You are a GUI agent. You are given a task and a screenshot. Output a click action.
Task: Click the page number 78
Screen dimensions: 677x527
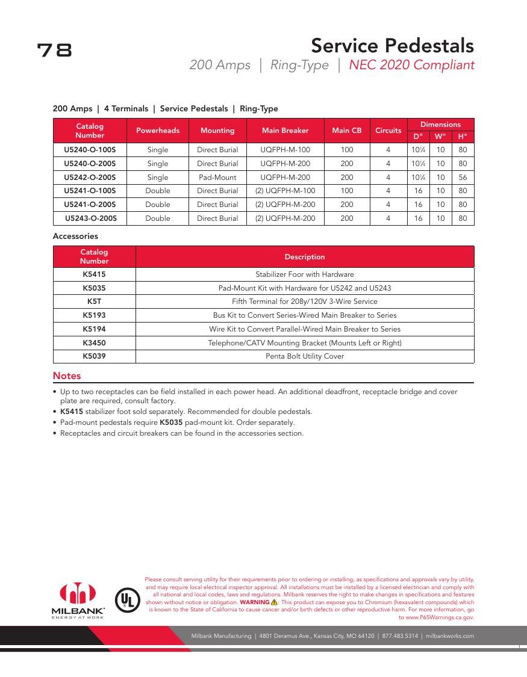[54, 50]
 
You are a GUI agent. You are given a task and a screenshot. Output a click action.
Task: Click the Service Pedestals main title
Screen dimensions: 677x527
[392, 46]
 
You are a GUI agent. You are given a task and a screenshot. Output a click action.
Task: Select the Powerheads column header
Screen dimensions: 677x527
[158, 131]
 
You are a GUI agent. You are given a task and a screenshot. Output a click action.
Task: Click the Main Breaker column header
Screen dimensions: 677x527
[285, 131]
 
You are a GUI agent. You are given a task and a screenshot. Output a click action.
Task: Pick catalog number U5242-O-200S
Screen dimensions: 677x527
[90, 178]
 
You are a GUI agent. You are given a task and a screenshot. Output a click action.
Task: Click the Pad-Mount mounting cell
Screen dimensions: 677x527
[217, 178]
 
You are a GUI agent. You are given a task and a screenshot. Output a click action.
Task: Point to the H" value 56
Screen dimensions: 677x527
[463, 178]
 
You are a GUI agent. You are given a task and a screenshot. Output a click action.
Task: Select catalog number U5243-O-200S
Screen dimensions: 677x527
[91, 218]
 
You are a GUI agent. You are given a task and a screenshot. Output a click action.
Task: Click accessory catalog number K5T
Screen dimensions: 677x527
[94, 301]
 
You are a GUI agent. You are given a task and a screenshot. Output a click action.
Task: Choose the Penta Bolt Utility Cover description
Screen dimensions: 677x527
[305, 356]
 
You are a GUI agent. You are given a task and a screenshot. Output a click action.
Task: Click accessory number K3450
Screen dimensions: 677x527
[94, 343]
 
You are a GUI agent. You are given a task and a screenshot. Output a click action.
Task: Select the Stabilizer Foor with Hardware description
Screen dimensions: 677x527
[305, 274]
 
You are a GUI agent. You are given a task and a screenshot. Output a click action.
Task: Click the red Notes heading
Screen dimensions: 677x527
[67, 376]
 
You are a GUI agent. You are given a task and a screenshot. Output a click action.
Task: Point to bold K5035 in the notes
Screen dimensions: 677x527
[171, 422]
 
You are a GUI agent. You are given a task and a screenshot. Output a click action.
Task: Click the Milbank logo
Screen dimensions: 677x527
[78, 599]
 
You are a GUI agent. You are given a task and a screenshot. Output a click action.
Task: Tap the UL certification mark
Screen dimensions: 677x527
[127, 599]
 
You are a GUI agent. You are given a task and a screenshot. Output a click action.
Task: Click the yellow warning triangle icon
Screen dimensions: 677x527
[274, 602]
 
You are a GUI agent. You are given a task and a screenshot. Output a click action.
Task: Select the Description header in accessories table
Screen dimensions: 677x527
[305, 257]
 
